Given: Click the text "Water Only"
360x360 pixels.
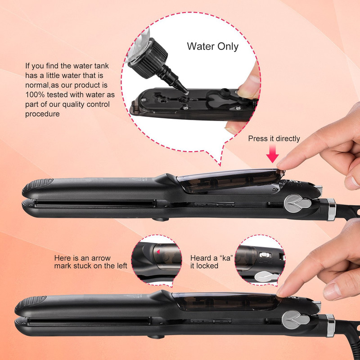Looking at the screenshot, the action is (x=212, y=46).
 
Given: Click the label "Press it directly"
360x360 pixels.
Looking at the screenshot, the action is (x=274, y=139).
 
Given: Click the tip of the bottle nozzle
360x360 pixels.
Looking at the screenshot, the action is (x=186, y=92).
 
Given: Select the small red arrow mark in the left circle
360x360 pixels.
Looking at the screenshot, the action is (x=158, y=252).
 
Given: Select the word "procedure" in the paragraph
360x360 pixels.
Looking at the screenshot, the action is (x=42, y=114).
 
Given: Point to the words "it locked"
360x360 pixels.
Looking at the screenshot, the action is (x=204, y=265).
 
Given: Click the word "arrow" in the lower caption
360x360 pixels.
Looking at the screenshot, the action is (x=101, y=258).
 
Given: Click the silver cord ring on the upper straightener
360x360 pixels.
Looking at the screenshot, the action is (x=332, y=210).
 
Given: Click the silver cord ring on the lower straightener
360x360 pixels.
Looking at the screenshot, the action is (x=330, y=325).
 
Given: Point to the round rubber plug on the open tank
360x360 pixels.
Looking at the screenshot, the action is (x=223, y=93).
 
